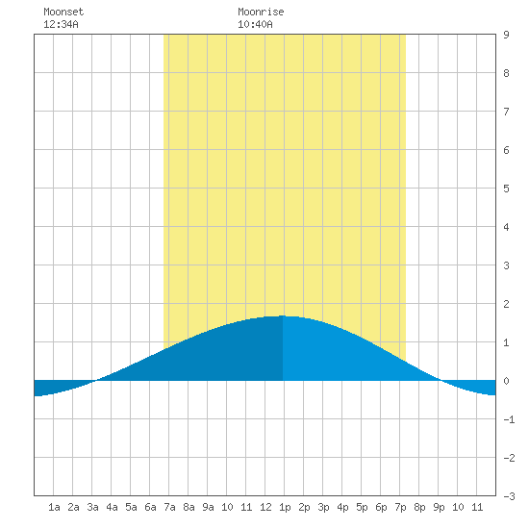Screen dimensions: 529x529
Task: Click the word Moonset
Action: coord(63,12)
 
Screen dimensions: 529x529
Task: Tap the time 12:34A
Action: coord(61,24)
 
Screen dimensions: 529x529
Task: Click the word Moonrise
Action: coord(261,12)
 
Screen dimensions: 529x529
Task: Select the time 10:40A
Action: coord(255,24)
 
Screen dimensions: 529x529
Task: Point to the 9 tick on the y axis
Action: coord(506,35)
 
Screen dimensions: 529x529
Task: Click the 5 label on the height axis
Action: coord(506,189)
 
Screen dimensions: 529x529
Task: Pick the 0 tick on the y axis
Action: coord(506,381)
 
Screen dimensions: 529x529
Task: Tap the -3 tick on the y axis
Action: coord(509,496)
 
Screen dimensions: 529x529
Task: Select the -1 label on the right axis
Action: coord(509,419)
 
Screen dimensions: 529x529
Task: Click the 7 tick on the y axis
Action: coord(506,112)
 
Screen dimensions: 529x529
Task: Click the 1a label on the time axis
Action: coord(54,507)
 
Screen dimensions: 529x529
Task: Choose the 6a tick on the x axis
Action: coord(150,507)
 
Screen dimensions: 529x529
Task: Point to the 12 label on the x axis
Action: coord(265,507)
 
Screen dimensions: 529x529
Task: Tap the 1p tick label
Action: coord(285,507)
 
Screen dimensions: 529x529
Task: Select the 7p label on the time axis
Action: coord(400,507)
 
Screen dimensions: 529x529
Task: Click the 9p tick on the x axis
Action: coord(439,507)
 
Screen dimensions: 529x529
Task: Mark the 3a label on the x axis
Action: coord(92,507)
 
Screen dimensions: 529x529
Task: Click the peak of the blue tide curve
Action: coord(283,315)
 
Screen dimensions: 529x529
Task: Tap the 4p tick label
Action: coord(342,507)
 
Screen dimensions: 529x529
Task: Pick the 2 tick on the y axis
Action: coord(506,304)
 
